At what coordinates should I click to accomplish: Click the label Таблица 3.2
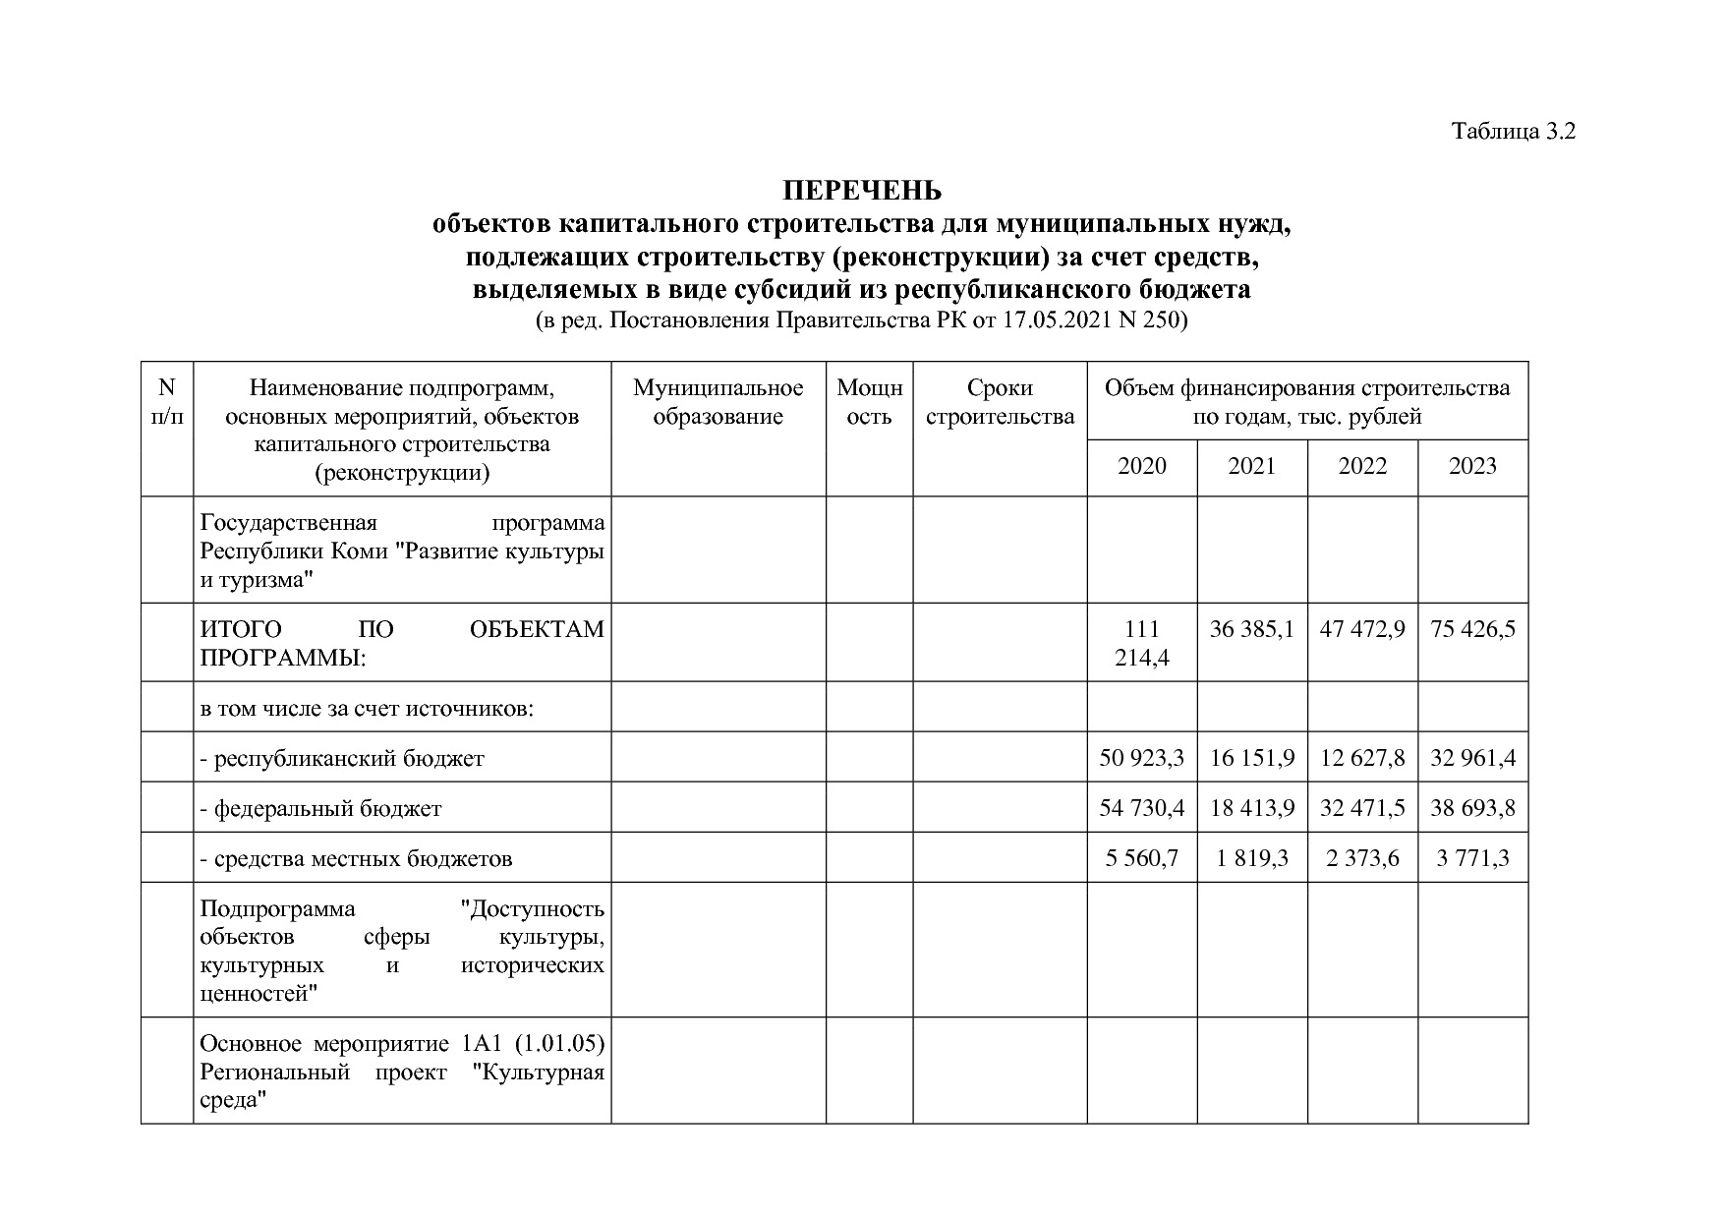tap(1514, 132)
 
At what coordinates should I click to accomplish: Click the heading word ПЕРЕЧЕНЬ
tap(861, 190)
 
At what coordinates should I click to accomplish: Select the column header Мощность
tap(869, 402)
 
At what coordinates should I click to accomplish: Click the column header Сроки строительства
tap(1000, 402)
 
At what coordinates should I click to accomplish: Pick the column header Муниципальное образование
tap(718, 402)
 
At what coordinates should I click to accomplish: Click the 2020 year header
tap(1141, 466)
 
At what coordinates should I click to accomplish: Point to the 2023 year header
tap(1471, 466)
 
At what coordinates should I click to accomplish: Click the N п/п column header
tap(167, 402)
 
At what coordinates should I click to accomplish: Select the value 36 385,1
tap(1251, 629)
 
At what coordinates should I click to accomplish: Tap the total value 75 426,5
tap(1472, 629)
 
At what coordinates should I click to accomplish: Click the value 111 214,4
tap(1141, 643)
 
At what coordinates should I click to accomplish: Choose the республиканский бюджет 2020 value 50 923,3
tap(1141, 758)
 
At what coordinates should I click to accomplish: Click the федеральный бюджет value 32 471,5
tap(1361, 808)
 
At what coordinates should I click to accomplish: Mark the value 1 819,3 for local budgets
tap(1251, 858)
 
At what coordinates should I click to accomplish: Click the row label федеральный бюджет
tap(320, 809)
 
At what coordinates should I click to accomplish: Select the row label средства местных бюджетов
tap(356, 859)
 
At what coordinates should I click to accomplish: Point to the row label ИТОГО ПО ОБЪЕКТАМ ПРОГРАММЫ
tap(401, 643)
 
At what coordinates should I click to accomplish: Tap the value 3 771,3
tap(1471, 858)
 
